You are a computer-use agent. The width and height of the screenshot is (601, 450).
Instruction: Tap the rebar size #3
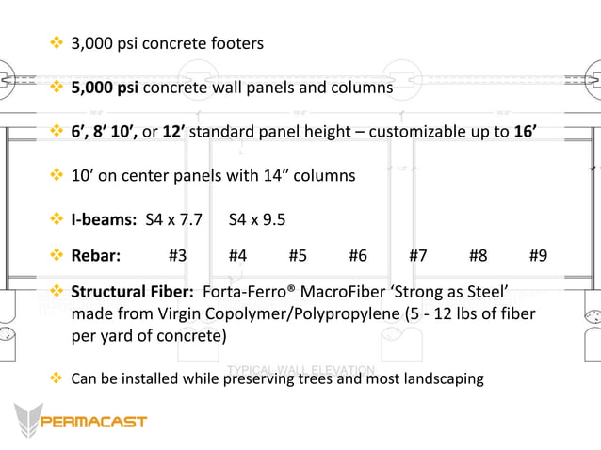tap(177, 255)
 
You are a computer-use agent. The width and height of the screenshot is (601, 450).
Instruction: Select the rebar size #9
tap(538, 255)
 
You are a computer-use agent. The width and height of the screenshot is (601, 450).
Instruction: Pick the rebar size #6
tap(357, 255)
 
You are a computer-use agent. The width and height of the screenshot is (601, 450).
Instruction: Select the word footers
tap(237, 43)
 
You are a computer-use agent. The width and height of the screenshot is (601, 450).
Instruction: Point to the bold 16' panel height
tap(526, 131)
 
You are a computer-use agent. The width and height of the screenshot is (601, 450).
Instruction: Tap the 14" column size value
tap(243, 175)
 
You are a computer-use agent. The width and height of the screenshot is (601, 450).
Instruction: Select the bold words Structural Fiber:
tap(133, 292)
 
